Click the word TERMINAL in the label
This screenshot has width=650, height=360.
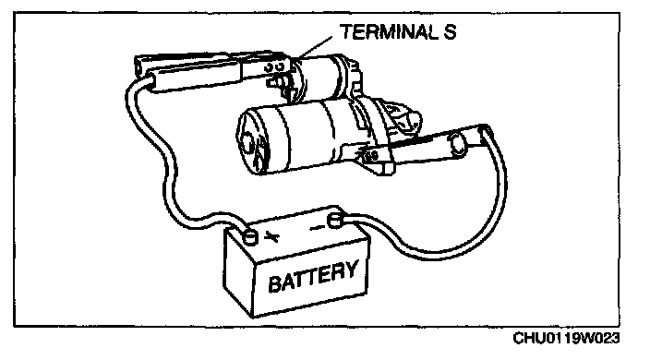point(390,32)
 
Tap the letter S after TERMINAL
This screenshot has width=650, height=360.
point(450,32)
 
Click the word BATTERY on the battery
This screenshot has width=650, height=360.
point(313,277)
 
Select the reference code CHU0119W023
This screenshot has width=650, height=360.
point(566,338)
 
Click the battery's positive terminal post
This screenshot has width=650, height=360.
point(250,237)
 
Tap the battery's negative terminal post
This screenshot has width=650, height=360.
point(335,221)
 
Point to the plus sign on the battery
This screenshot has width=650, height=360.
point(271,237)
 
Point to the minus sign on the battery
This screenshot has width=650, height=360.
point(318,227)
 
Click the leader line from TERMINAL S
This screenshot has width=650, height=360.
point(315,46)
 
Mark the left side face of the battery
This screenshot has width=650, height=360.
point(238,272)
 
